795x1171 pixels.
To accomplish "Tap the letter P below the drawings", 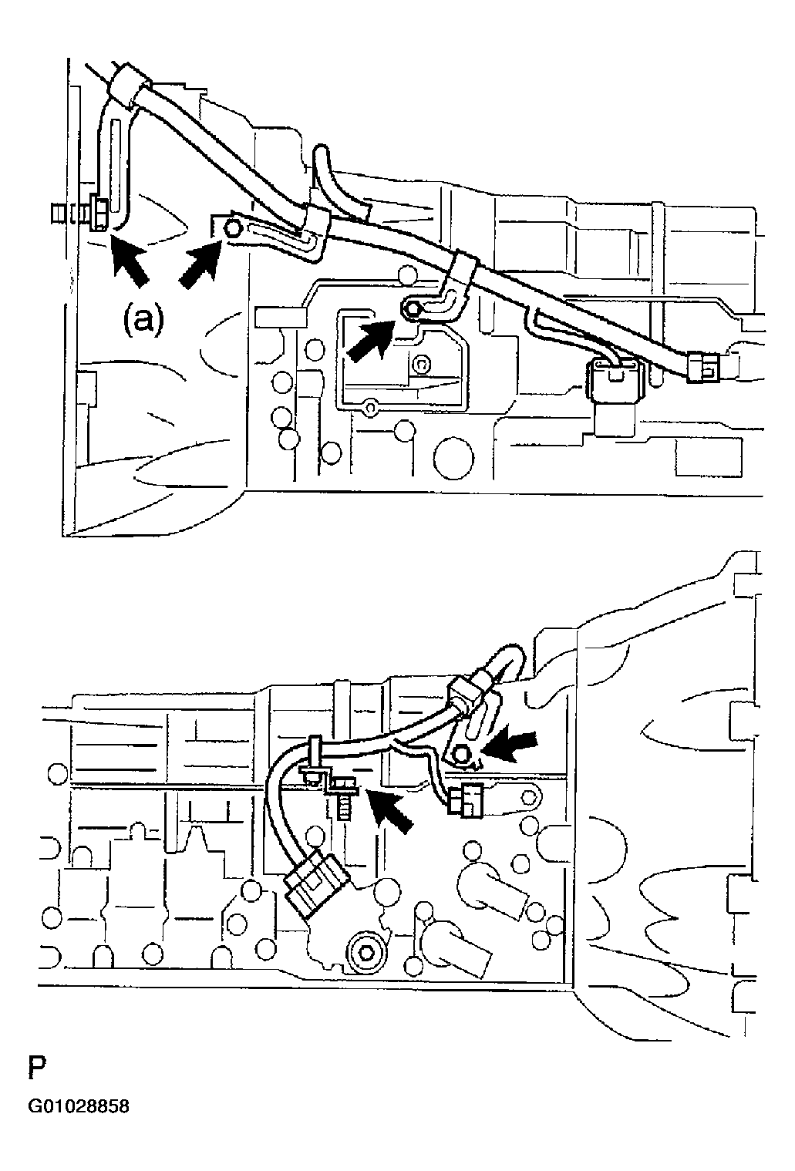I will click(37, 1068).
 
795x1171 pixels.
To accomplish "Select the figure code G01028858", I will click(79, 1107).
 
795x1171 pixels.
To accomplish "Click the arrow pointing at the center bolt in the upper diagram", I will click(369, 340).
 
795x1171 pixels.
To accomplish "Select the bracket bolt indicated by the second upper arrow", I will click(231, 227).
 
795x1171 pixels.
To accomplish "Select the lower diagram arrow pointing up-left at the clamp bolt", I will click(392, 811).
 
